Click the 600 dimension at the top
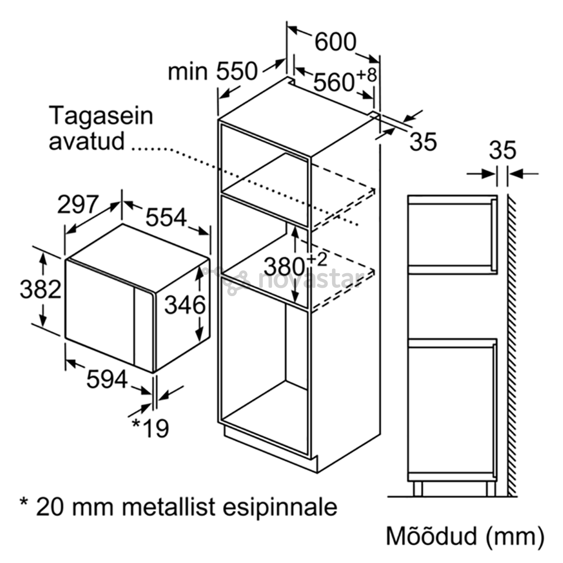point(335,42)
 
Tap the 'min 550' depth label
point(213,71)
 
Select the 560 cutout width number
point(334,82)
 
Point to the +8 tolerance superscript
point(366,75)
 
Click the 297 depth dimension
point(78,204)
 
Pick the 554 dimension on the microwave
point(166,217)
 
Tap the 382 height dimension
point(41,289)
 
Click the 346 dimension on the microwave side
point(185,305)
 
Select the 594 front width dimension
point(107,379)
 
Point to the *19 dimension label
point(151,427)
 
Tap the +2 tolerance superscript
point(317,260)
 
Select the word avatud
point(87,141)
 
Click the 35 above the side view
point(503,150)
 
